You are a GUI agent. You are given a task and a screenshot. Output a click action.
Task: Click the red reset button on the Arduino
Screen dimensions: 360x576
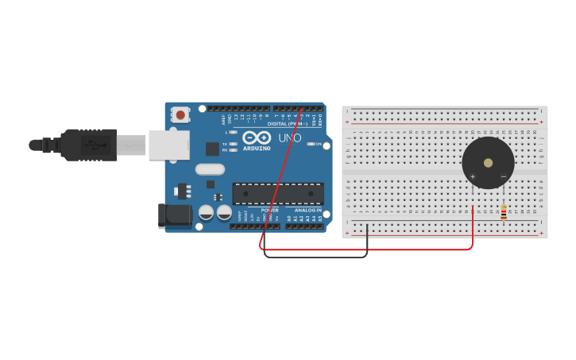click(x=180, y=114)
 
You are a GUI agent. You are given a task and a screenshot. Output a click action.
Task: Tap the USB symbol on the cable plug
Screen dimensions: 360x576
click(x=94, y=145)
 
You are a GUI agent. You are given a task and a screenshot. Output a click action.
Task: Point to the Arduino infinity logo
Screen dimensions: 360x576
click(x=257, y=137)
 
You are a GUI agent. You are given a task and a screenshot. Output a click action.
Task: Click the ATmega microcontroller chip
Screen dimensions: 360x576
click(x=277, y=193)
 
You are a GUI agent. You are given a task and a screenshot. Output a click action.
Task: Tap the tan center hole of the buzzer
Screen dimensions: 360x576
click(x=488, y=162)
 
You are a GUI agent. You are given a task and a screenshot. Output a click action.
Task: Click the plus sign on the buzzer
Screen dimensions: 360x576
click(x=473, y=176)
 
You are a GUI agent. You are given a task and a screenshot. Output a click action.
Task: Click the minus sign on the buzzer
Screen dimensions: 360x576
click(x=503, y=176)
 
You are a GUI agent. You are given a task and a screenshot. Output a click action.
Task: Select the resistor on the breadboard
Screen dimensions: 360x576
click(x=504, y=211)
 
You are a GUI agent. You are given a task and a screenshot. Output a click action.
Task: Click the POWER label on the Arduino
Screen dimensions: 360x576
click(x=270, y=210)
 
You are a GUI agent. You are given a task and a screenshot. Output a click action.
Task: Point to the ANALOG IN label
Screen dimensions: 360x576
click(x=308, y=210)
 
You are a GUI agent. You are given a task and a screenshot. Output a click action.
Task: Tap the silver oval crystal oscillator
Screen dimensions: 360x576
click(x=211, y=168)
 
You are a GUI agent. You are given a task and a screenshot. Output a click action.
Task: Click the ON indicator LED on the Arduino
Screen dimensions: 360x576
click(x=309, y=144)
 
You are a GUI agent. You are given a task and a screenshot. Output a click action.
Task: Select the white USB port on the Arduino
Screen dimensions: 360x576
click(x=168, y=145)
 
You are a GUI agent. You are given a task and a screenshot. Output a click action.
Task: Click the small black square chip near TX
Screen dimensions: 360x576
click(x=212, y=149)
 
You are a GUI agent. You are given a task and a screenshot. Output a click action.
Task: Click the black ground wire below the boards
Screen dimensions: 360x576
click(x=318, y=257)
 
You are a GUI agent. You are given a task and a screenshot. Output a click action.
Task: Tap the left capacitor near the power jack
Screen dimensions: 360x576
click(x=206, y=212)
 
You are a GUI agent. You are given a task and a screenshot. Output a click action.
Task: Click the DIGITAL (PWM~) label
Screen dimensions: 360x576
click(x=288, y=124)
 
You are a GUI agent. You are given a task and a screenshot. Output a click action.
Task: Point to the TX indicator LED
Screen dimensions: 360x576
click(x=234, y=144)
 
